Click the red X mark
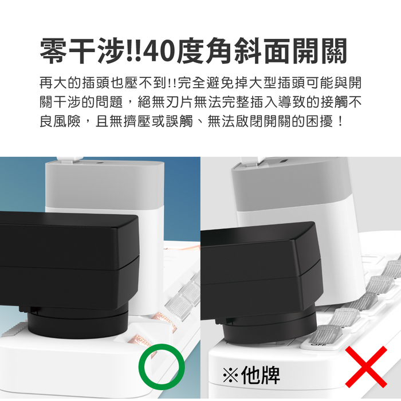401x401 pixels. pyautogui.click(x=366, y=367)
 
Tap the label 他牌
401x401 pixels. pyautogui.click(x=260, y=375)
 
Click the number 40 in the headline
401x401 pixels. pyautogui.click(x=159, y=51)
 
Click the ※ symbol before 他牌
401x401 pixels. pyautogui.click(x=230, y=375)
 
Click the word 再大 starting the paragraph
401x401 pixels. pyautogui.click(x=53, y=83)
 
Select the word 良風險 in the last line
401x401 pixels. pyautogui.click(x=60, y=121)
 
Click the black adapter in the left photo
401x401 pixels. pyautogui.click(x=69, y=261)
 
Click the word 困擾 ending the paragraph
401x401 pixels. pyautogui.click(x=320, y=121)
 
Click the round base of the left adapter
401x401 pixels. pyautogui.click(x=77, y=324)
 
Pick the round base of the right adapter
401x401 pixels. pyautogui.click(x=269, y=327)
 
